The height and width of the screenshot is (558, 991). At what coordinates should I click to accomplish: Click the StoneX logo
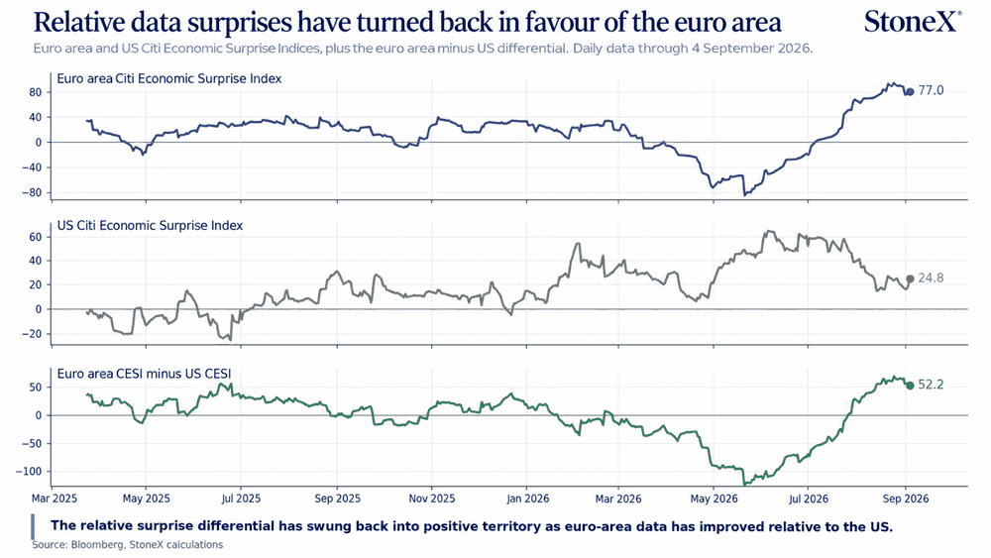pos(913,22)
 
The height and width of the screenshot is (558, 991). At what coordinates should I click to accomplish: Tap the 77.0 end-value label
pos(931,91)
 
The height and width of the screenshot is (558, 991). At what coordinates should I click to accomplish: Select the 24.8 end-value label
pos(931,279)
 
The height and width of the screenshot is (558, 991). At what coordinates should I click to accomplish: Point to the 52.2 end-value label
pos(931,385)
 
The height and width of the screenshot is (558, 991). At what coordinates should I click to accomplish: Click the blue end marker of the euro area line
pos(910,92)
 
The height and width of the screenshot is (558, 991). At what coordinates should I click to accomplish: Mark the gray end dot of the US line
pos(910,279)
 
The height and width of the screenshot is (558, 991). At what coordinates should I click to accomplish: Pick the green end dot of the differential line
pos(910,386)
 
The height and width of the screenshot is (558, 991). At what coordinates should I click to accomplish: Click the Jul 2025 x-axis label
pos(241,499)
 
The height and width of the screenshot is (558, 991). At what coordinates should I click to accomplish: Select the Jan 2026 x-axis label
pos(528,499)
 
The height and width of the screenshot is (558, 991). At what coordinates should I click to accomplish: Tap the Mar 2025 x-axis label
pos(55,499)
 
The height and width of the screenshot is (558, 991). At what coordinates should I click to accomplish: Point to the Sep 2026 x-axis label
pos(906,499)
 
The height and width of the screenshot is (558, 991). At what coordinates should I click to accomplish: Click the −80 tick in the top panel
pos(31,192)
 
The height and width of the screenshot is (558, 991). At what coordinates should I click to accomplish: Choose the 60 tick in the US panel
pos(35,237)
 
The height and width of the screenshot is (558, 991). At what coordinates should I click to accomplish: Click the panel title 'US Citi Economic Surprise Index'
pos(150,226)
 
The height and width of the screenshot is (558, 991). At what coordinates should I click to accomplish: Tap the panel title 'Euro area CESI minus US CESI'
pos(144,374)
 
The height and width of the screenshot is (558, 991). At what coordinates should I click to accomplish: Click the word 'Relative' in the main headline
pos(74,22)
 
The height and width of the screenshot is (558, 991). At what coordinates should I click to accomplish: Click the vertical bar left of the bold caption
pos(33,526)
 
